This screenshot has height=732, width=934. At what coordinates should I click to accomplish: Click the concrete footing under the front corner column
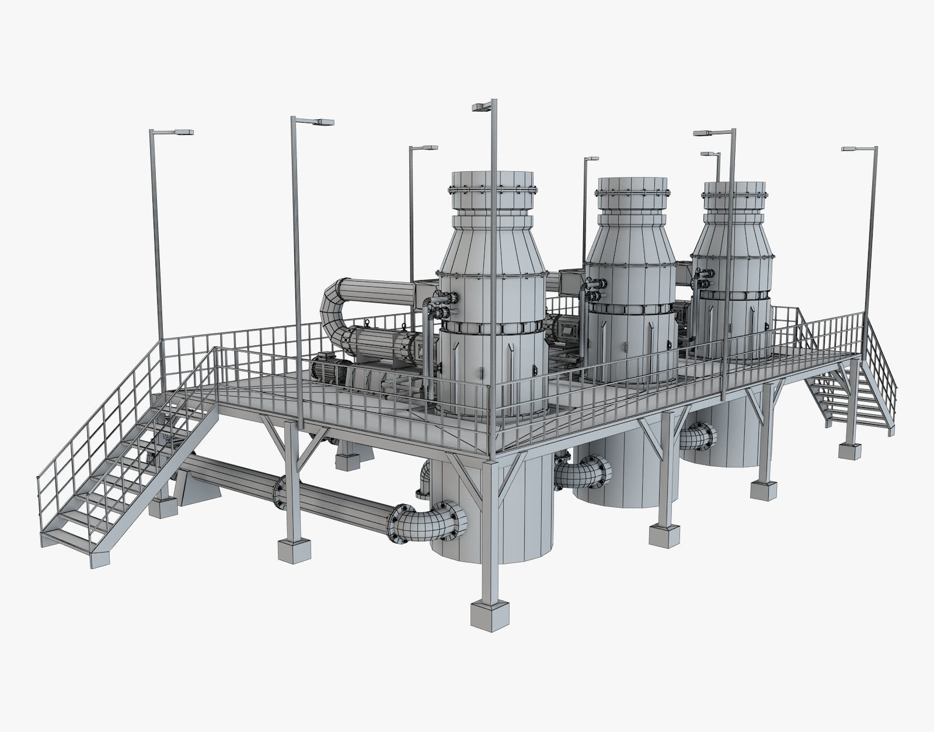tap(490, 616)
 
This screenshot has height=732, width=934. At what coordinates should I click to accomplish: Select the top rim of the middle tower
tap(632, 183)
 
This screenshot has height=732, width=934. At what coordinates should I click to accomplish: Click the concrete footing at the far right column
tap(849, 450)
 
